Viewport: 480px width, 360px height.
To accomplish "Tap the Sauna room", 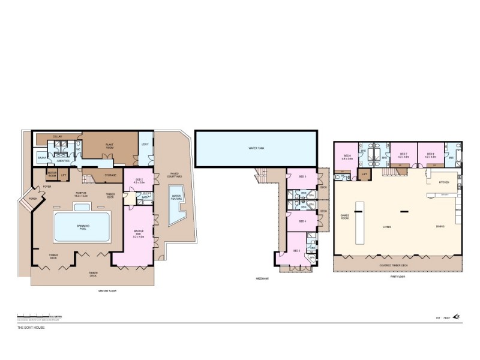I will point(42,158).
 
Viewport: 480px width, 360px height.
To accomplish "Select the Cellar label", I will point(58,137).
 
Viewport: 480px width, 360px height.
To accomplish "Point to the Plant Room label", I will point(110,145).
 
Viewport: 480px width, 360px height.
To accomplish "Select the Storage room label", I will point(110,175).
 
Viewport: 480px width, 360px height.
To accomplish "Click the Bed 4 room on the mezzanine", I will point(302,221).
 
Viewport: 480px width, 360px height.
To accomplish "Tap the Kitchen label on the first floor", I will point(444,182).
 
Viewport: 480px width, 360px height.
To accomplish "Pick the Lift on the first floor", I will point(364,175).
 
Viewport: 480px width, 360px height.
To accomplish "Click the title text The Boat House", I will point(31,328).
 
